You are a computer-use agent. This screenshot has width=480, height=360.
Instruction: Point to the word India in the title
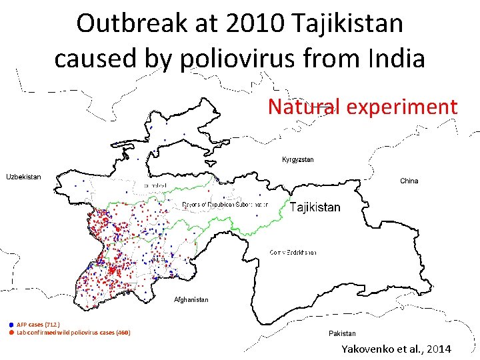click(394, 59)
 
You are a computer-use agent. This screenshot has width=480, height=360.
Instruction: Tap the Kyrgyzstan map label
click(298, 160)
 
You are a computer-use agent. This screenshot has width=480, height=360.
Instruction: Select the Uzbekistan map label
click(24, 177)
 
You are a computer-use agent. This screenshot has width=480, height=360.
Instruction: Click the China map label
click(409, 181)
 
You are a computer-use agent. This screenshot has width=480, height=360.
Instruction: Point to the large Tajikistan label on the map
click(315, 207)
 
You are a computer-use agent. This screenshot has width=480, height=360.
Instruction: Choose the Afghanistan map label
click(191, 299)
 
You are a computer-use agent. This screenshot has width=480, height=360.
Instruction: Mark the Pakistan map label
click(342, 333)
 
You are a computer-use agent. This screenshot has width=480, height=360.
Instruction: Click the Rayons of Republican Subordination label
click(225, 205)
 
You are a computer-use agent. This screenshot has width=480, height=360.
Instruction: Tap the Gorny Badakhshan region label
click(293, 253)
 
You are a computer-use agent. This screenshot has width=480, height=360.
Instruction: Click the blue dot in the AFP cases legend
click(11, 324)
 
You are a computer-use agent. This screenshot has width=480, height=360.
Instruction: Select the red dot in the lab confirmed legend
click(11, 332)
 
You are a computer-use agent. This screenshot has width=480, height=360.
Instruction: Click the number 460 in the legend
click(123, 332)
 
